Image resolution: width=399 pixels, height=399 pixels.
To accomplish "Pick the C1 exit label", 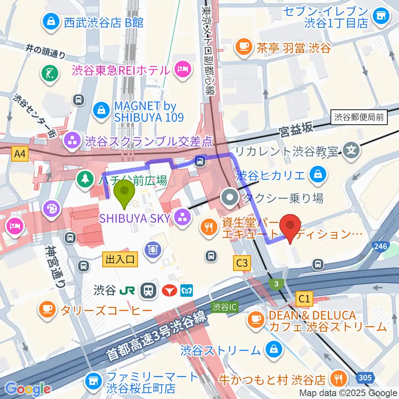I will click(304, 298).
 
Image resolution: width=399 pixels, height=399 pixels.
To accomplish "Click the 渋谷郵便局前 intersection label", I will click(360, 118).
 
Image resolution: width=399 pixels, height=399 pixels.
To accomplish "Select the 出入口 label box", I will click(120, 260).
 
